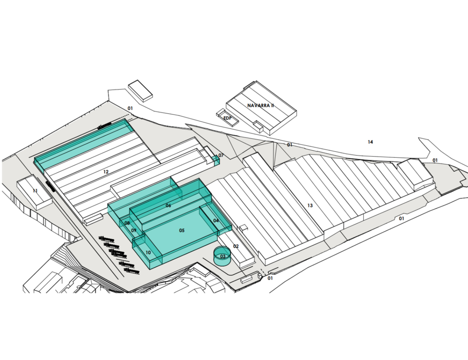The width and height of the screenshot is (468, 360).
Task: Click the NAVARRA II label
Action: (x=260, y=106)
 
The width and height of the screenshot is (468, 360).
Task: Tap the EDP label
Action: (x=227, y=118)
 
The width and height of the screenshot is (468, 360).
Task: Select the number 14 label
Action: (x=370, y=142)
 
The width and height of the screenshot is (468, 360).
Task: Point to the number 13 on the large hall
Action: (x=310, y=206)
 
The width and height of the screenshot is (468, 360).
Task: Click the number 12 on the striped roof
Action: (x=106, y=172)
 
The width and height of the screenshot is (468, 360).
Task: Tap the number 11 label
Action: (x=35, y=191)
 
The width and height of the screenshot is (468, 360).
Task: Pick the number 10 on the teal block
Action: (x=148, y=253)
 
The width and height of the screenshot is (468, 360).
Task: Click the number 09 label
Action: (x=134, y=231)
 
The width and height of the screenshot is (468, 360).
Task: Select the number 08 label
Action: (x=127, y=223)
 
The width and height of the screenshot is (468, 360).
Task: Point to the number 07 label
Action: (x=221, y=155)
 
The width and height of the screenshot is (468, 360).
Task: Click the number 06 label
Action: (x=168, y=206)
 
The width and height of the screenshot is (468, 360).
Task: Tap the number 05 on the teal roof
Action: (x=182, y=231)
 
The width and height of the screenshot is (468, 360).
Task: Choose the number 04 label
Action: (x=216, y=220)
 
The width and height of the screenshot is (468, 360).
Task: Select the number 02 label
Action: (x=236, y=246)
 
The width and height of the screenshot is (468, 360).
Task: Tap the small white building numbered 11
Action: (x=34, y=192)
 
